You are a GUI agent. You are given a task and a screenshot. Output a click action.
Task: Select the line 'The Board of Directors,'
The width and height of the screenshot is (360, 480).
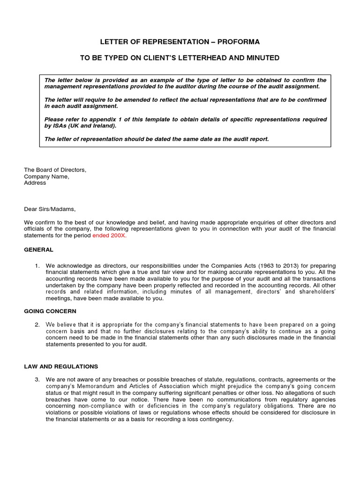click(55, 170)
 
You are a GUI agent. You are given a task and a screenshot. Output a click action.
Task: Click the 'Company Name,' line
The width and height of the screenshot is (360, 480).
click(46, 176)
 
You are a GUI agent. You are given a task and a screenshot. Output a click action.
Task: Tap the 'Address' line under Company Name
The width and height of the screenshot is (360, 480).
click(35, 183)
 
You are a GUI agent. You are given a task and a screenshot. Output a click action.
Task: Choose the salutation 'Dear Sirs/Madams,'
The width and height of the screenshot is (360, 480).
click(50, 209)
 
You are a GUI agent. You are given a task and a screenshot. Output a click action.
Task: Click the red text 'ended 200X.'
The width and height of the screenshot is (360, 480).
click(111, 235)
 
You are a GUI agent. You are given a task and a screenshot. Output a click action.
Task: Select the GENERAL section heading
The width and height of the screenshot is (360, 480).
click(39, 249)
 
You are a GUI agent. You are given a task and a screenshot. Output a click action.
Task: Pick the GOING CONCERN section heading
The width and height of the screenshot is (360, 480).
click(50, 311)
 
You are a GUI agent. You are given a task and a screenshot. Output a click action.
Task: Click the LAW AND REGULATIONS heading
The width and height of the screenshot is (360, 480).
click(61, 366)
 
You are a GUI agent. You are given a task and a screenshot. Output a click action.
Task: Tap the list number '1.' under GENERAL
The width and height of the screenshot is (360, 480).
click(37, 266)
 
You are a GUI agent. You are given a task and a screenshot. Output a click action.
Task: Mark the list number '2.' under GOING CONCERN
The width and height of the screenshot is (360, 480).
click(37, 325)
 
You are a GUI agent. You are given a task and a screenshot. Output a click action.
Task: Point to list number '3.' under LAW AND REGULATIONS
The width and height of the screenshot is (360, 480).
click(37, 379)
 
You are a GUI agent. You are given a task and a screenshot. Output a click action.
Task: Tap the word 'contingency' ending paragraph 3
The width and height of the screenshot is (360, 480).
click(216, 419)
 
